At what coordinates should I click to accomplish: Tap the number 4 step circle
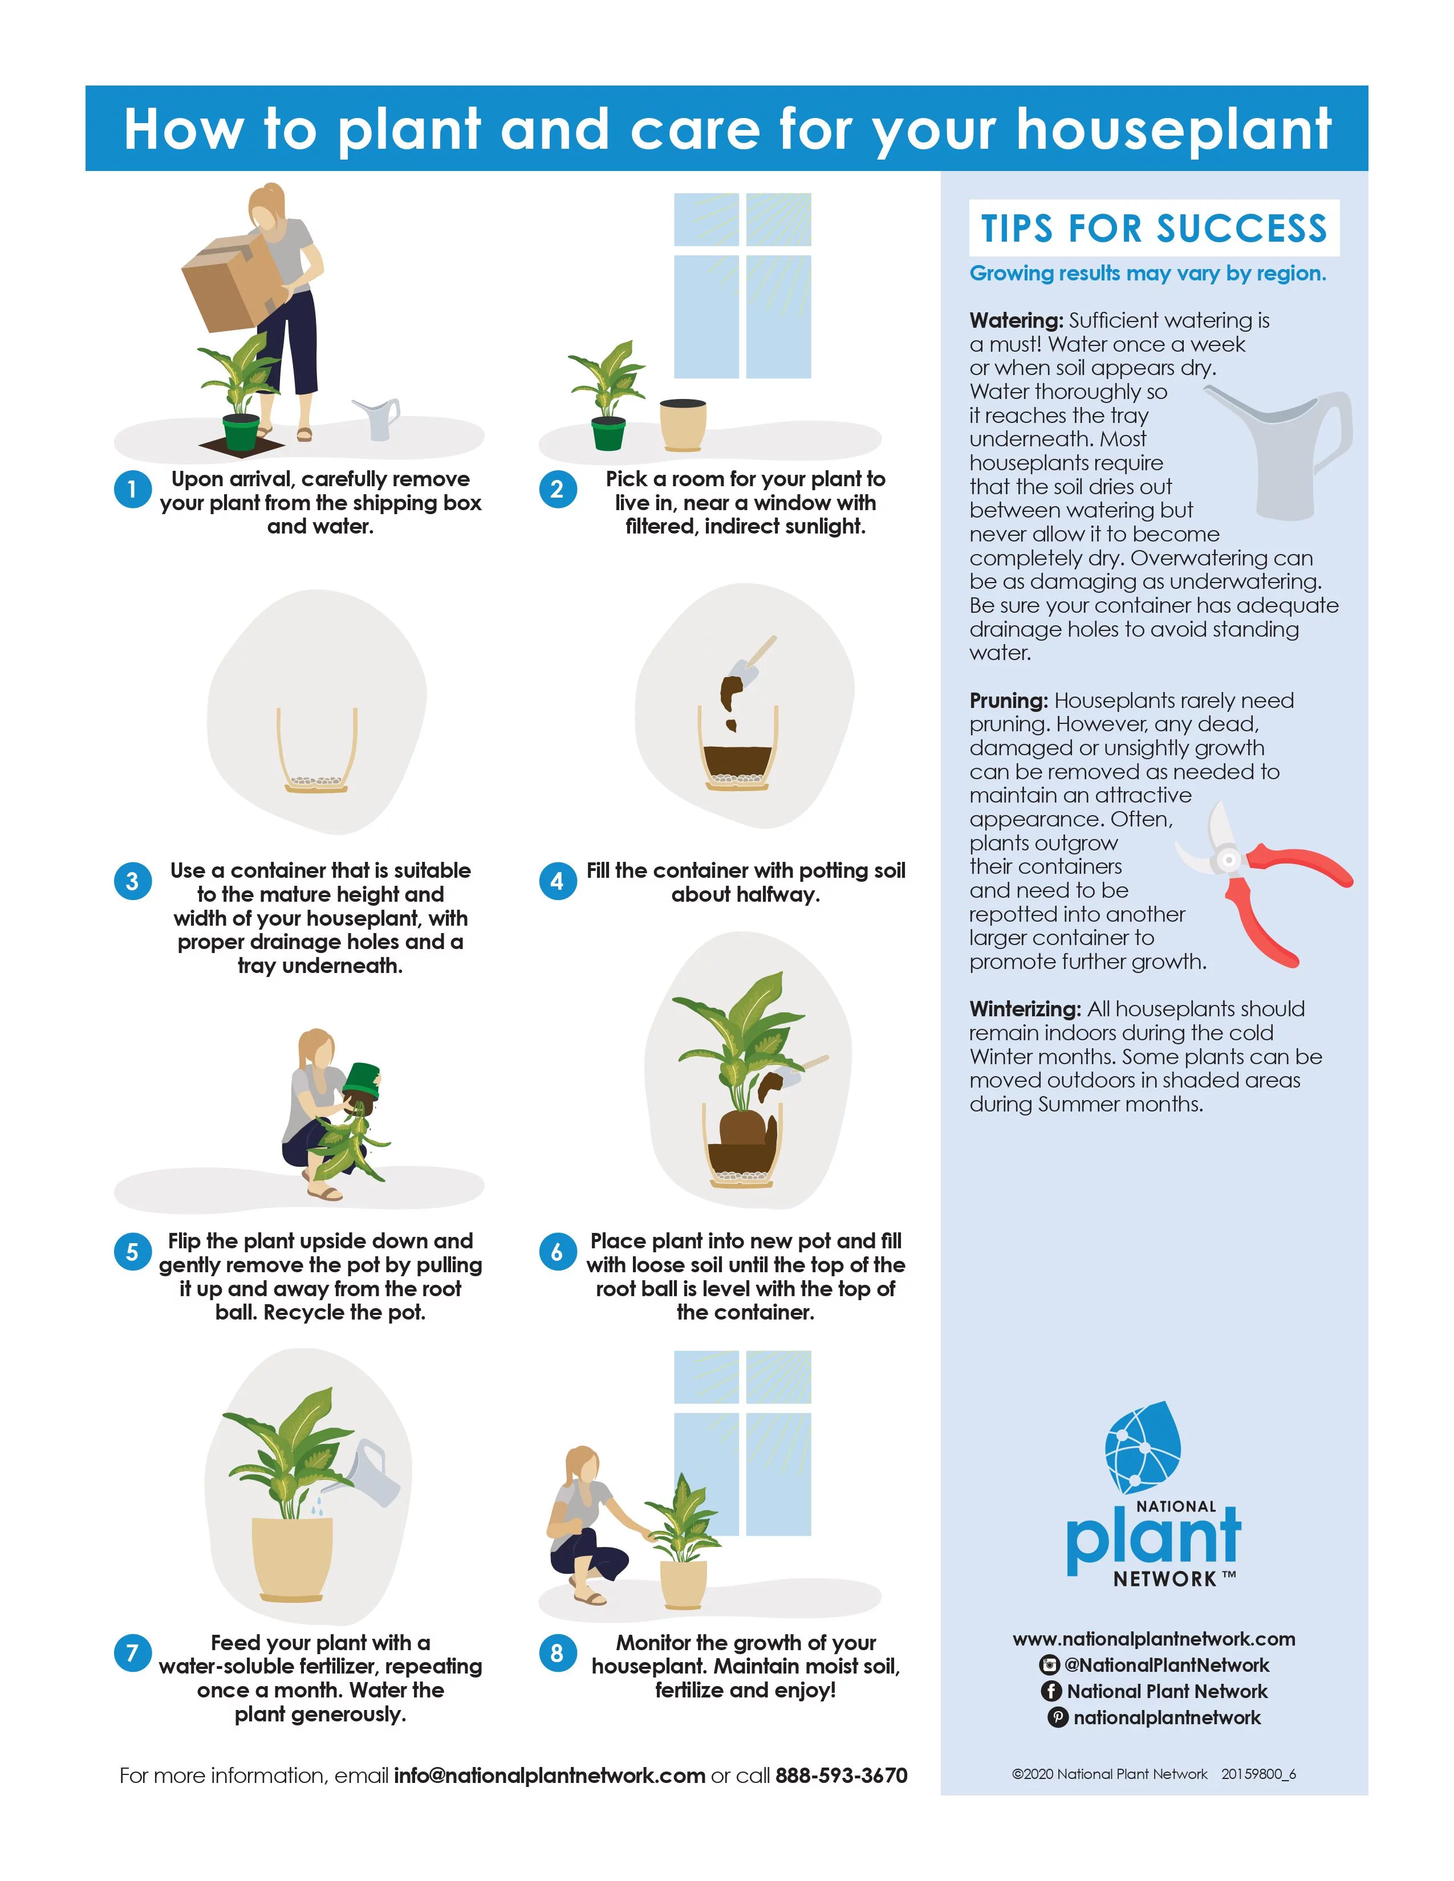557,881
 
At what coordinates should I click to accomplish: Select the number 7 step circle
133,1653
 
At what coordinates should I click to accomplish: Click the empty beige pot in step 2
683,425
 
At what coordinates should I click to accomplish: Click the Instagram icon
1049,1665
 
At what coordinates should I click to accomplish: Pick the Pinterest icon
1058,1717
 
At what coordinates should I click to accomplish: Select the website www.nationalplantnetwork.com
1154,1639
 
